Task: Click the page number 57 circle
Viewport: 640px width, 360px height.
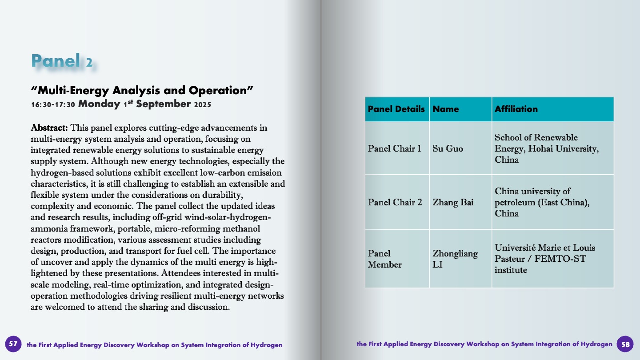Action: [x=13, y=344]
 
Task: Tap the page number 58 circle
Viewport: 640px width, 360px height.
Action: [x=625, y=344]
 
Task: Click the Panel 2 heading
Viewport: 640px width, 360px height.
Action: [x=62, y=61]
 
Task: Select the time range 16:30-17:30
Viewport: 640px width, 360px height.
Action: [x=53, y=104]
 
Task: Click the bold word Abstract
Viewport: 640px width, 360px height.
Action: [x=49, y=128]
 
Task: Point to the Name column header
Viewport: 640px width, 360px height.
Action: [x=446, y=109]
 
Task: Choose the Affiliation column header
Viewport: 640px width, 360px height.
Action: [x=516, y=109]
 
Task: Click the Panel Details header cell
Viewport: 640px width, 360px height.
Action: [x=396, y=109]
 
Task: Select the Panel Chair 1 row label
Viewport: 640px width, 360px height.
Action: [x=395, y=148]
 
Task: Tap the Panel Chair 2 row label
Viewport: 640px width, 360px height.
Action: [x=395, y=202]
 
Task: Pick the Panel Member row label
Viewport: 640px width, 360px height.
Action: [x=385, y=259]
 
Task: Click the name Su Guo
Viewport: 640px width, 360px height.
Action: [x=448, y=148]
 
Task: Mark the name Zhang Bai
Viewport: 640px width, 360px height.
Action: [x=453, y=202]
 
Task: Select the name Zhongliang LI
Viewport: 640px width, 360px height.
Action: [x=455, y=259]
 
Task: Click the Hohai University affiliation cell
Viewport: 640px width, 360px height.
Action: [x=546, y=148]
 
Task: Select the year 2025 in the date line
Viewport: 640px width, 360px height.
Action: [x=202, y=105]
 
